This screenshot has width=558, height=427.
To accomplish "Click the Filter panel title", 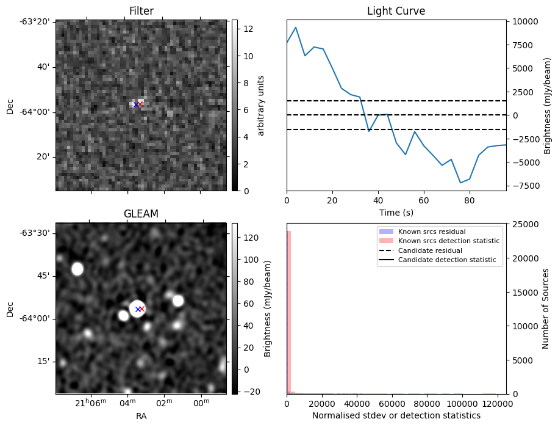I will [x=141, y=11].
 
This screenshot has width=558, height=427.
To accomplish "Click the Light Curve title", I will [x=396, y=11].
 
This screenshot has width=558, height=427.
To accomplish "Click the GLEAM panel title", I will [x=141, y=214].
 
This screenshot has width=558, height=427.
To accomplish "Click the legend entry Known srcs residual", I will [x=431, y=232].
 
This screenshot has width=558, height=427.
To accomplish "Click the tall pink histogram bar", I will [x=288, y=312].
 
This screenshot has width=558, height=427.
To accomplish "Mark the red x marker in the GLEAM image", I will [x=142, y=309].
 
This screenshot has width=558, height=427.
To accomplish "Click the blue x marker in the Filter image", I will [x=136, y=104].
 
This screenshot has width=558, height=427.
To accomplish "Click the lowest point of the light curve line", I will [x=460, y=183].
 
